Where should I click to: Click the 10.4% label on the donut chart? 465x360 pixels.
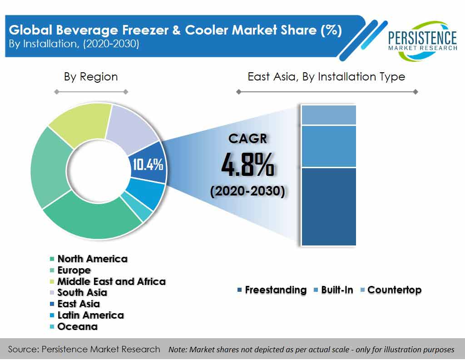pos(148,164)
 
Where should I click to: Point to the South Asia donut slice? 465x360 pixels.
pos(130,128)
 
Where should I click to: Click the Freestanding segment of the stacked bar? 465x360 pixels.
pos(329,206)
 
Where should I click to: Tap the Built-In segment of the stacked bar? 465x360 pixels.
pos(329,146)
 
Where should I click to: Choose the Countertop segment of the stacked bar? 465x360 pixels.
pos(329,115)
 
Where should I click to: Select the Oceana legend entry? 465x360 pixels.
pos(74,326)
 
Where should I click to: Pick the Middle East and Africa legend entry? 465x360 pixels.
pos(108,281)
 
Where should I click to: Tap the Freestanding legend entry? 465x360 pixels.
pos(272,290)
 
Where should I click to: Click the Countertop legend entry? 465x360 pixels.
pos(391,290)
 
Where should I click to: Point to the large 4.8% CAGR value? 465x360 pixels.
pos(247,165)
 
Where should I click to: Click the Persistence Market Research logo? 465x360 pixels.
pos(422,40)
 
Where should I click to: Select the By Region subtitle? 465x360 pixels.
pos(91,76)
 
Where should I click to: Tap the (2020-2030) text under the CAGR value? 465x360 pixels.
pos(247,191)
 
